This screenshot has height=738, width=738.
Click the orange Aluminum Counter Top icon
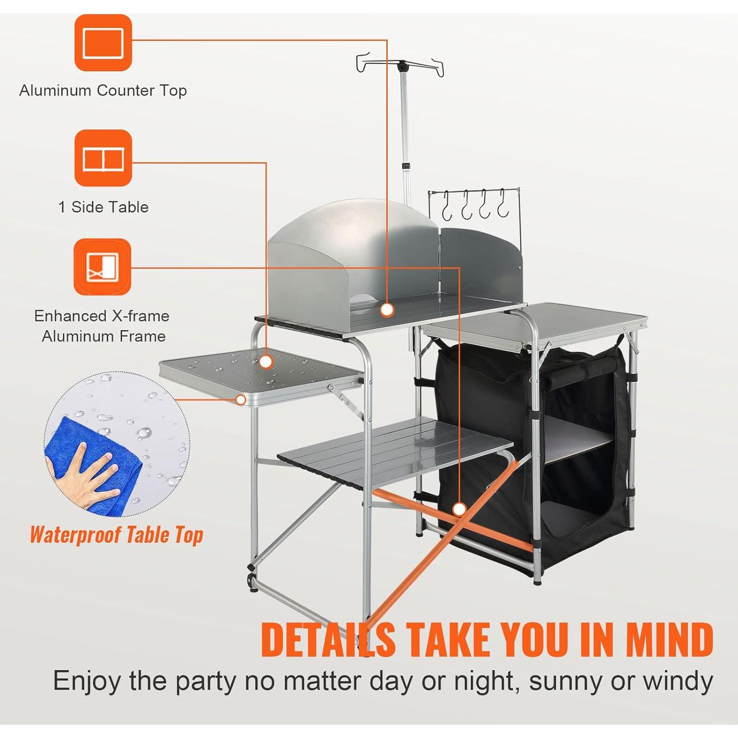pos(103,43)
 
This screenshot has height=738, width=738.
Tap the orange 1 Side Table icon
pos(103,158)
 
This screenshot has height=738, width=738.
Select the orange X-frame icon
pos(102,267)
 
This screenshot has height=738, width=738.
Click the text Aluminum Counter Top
pos(103,91)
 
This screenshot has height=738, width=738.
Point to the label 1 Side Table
pos(103,207)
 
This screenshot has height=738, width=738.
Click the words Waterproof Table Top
pos(117,535)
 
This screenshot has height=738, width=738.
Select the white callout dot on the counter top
pos(387,309)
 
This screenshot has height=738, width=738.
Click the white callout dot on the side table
pos(266,362)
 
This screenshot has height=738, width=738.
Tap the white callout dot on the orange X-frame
pos(459,509)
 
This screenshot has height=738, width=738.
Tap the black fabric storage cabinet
pos(531,443)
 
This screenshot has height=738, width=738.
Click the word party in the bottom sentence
pos(207,682)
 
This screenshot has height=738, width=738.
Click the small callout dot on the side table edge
pos(241,400)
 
